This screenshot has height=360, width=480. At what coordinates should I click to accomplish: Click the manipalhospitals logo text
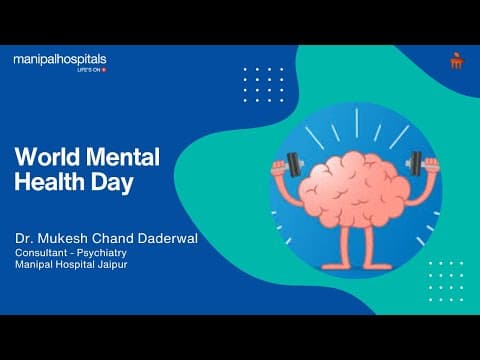[59, 60]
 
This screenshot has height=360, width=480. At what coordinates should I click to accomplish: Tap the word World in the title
[45, 158]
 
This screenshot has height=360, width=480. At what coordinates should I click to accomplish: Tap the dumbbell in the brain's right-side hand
[413, 163]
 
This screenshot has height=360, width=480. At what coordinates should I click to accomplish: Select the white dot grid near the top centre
[264, 84]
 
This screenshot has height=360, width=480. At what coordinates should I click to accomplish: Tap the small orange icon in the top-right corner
[457, 61]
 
